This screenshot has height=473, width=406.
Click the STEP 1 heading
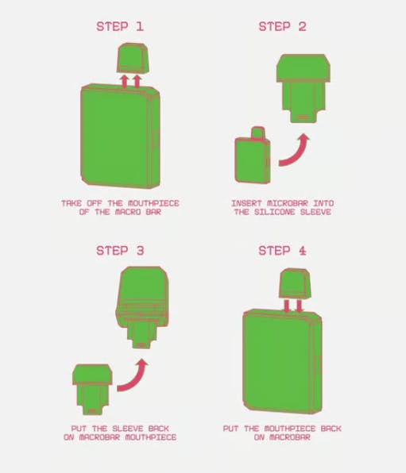[x=120, y=26]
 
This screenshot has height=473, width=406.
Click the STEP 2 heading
[x=282, y=26]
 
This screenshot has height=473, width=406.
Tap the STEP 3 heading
[x=120, y=251]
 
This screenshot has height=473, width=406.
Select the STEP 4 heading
[x=282, y=251]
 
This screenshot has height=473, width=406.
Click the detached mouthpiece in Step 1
[x=133, y=58]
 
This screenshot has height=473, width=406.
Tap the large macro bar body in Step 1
[x=120, y=136]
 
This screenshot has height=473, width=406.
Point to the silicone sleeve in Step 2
[x=304, y=88]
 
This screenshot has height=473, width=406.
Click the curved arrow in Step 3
[x=133, y=377]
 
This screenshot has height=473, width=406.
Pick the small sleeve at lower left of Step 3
[x=92, y=390]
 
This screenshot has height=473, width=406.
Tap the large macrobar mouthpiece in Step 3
[x=142, y=307]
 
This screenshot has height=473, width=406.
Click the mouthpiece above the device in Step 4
[x=295, y=284]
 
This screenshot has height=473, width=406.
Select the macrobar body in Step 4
[x=282, y=361]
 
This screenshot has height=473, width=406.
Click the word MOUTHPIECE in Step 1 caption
[x=153, y=203]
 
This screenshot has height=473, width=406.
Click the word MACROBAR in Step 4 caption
[x=290, y=437]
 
